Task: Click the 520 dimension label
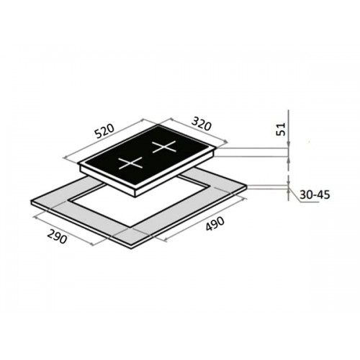[x=104, y=131]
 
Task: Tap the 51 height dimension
[x=281, y=129]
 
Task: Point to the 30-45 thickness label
[x=315, y=194]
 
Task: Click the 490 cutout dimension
[x=215, y=224]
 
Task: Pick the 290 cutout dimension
[x=56, y=235]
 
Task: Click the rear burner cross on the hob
[x=164, y=146]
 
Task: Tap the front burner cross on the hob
[x=131, y=163]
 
